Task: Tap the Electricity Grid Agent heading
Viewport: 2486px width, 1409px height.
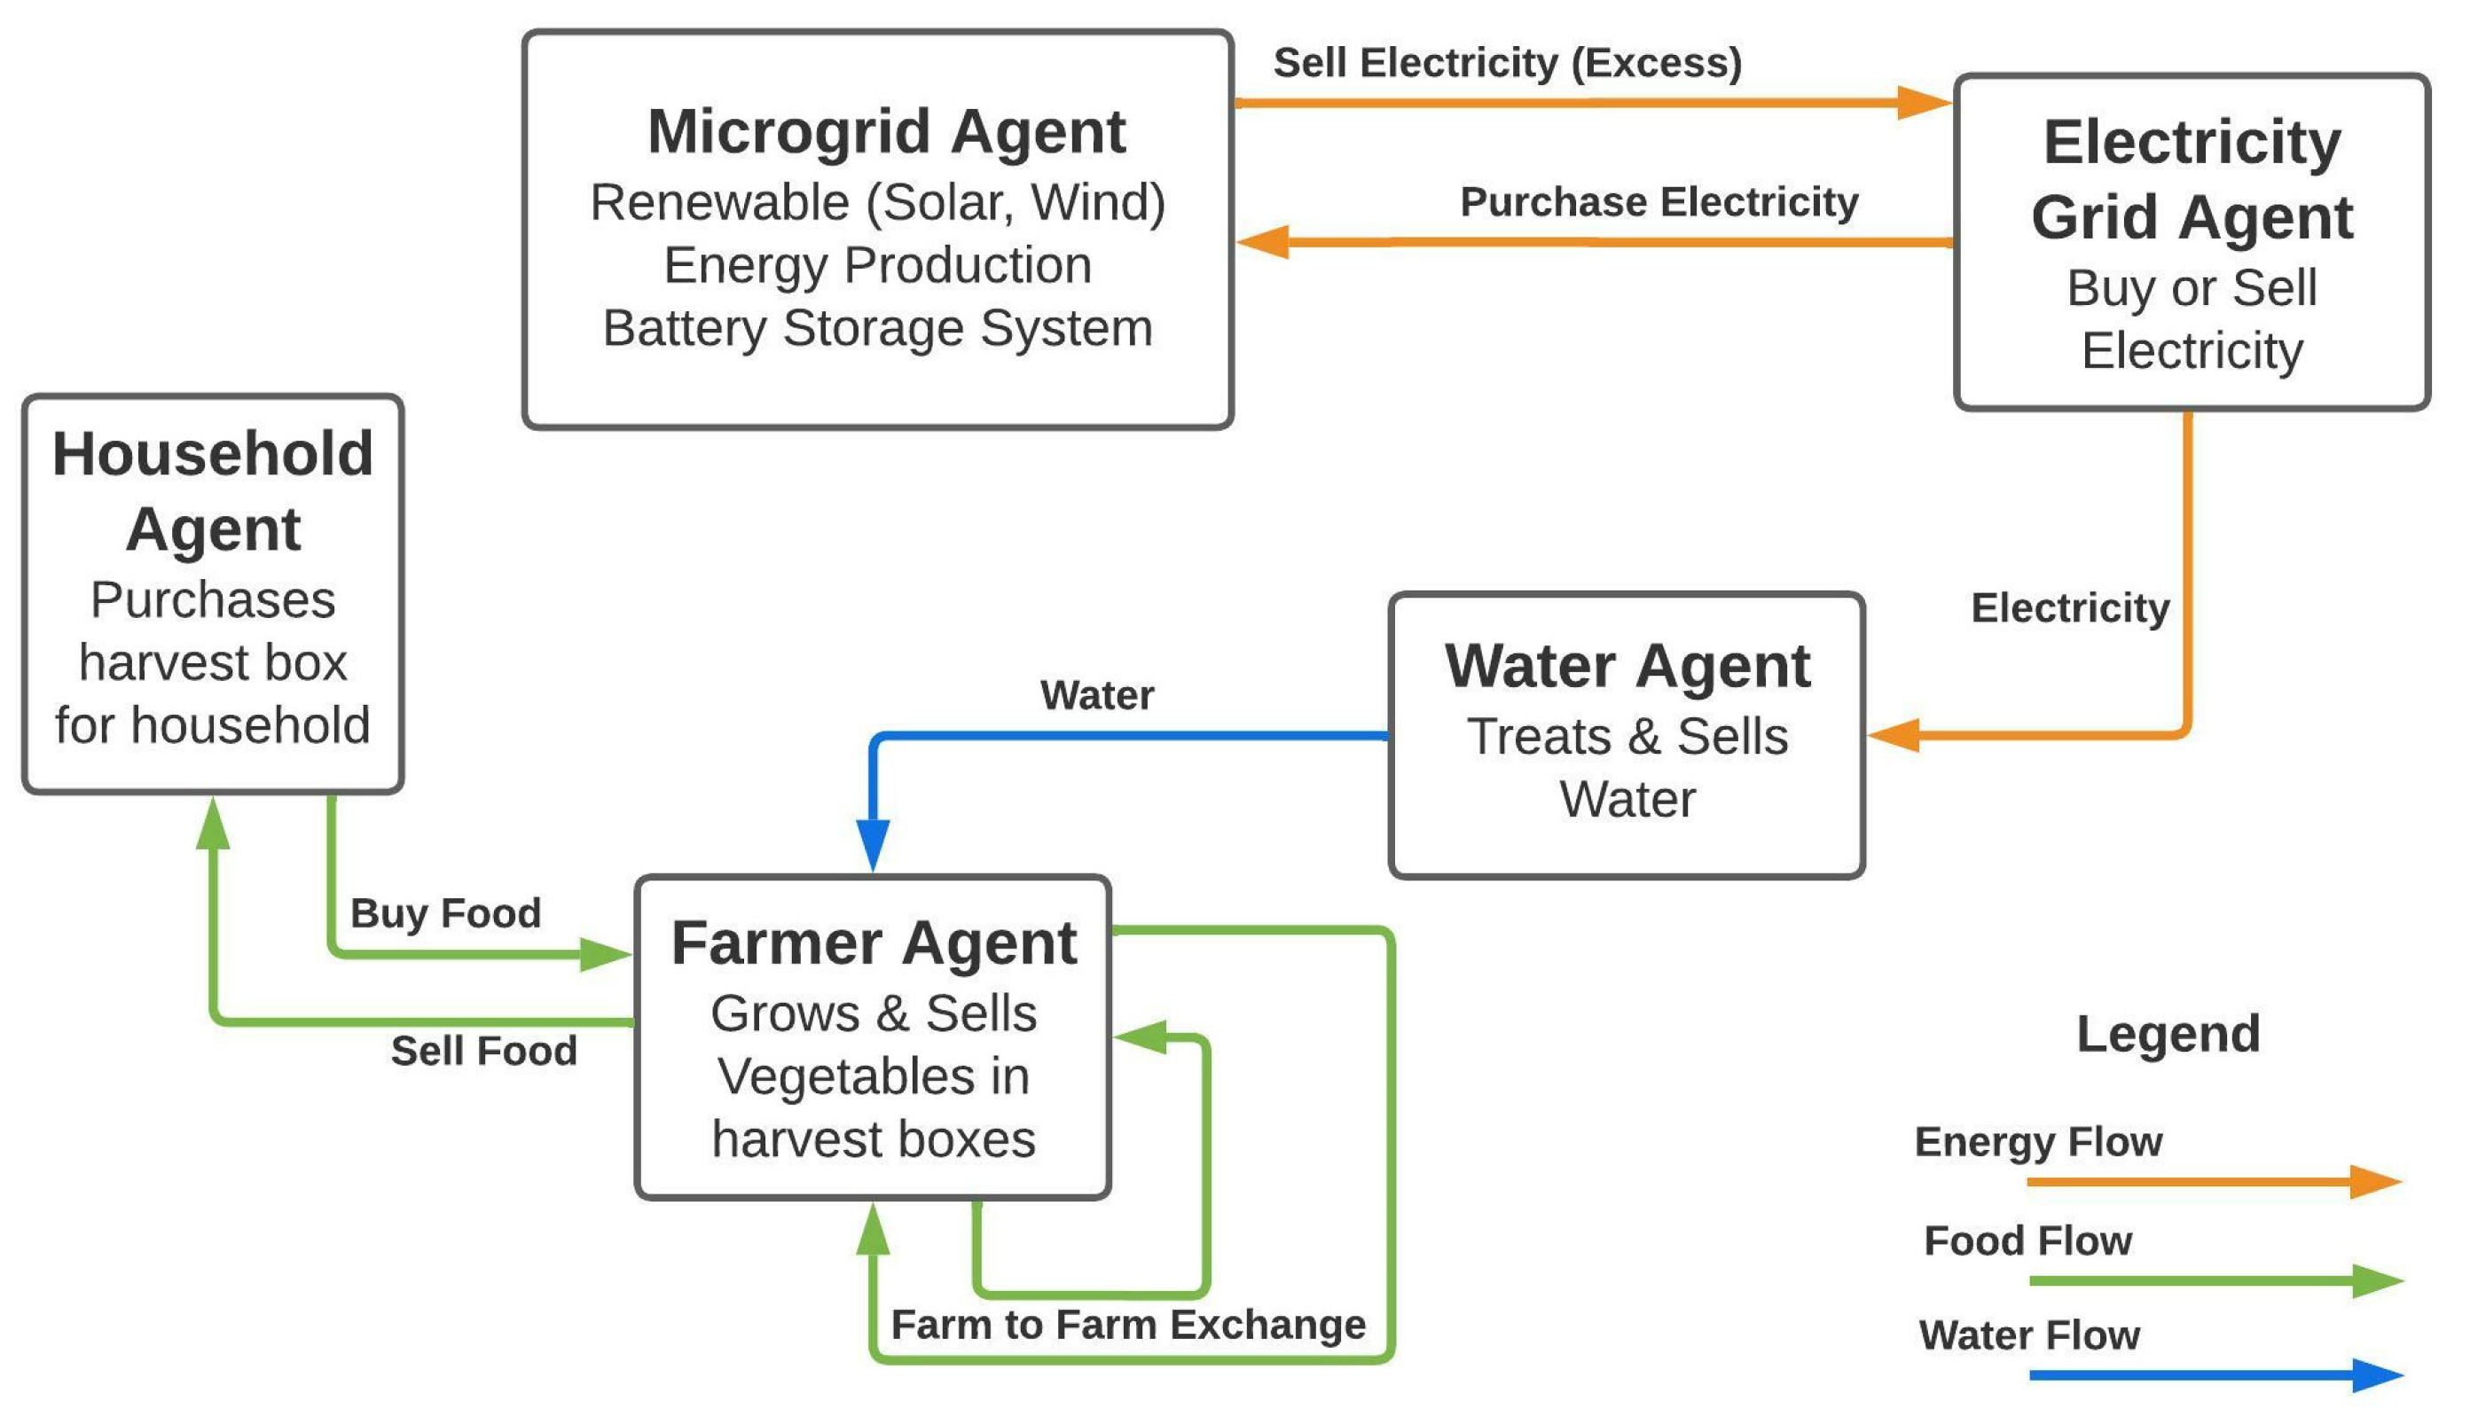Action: [2191, 179]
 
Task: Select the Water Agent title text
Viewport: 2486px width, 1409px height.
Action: [1627, 667]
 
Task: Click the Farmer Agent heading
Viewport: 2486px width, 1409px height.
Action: [873, 943]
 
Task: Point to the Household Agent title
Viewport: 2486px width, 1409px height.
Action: [213, 490]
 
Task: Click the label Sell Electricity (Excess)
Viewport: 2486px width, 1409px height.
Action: [1507, 63]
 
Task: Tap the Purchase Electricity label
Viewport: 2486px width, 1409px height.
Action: [1659, 202]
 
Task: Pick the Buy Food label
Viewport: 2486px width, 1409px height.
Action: [445, 913]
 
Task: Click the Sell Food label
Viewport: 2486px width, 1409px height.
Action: [484, 1051]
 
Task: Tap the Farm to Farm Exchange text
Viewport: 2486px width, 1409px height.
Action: [1127, 1325]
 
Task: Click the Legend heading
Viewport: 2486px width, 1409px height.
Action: [2168, 1035]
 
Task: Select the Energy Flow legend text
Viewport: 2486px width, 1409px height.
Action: [2038, 1142]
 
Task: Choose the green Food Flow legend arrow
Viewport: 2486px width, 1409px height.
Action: [2216, 1280]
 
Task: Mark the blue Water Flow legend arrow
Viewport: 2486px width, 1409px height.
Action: [2216, 1375]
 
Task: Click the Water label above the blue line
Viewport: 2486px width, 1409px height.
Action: [1096, 696]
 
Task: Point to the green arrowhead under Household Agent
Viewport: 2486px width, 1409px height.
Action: [213, 824]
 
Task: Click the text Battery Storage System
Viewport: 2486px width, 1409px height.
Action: [878, 329]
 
